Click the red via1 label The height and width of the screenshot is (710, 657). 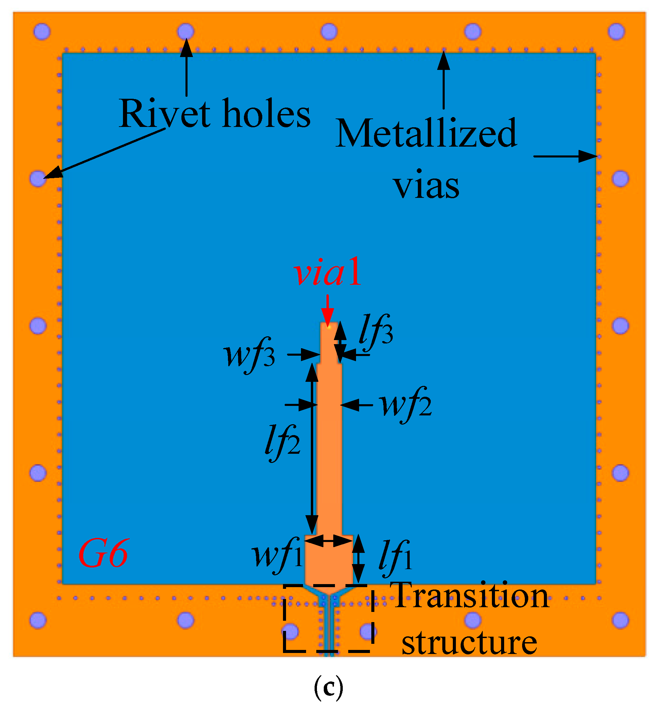327,272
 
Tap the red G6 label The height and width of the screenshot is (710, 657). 103,553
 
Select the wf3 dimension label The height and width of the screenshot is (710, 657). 249,355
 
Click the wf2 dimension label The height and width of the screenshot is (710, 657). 406,405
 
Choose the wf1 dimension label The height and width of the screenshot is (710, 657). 277,556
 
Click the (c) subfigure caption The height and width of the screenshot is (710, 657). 328,688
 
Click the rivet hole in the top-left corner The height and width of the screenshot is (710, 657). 42,31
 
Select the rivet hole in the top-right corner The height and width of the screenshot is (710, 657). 616,31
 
